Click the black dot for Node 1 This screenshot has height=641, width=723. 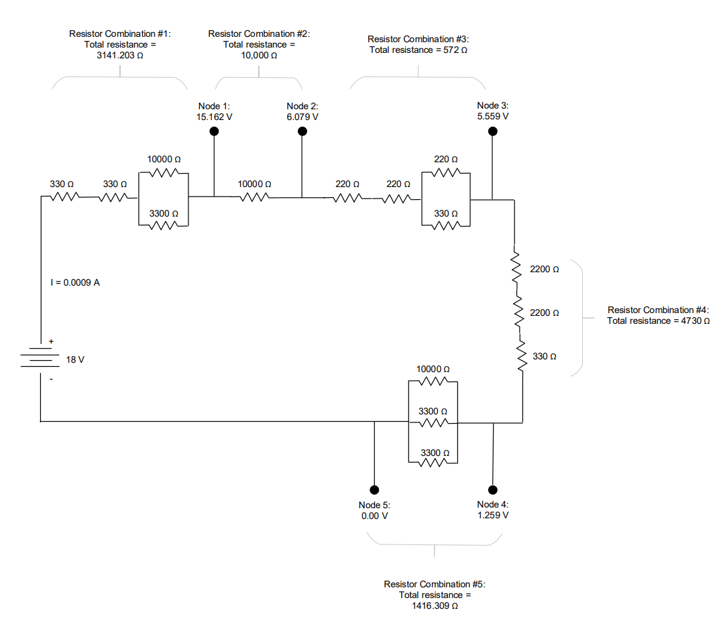[x=215, y=131]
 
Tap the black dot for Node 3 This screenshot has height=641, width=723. [x=492, y=131]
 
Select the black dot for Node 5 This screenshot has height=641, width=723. [x=374, y=489]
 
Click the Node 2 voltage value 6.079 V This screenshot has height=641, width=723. [x=302, y=117]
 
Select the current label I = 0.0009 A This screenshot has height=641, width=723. [x=75, y=283]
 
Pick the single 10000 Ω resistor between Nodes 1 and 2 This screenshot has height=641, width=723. [x=254, y=197]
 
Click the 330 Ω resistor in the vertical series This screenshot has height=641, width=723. [x=521, y=355]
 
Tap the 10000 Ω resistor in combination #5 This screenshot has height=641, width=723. [x=433, y=381]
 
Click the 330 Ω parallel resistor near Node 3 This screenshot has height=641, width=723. [x=445, y=225]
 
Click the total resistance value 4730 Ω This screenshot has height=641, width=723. [x=691, y=321]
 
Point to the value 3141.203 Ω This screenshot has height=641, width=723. [x=120, y=56]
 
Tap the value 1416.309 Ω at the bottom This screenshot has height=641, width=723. [x=434, y=606]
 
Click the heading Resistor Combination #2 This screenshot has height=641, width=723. [x=259, y=34]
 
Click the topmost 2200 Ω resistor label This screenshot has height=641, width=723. [x=544, y=270]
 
